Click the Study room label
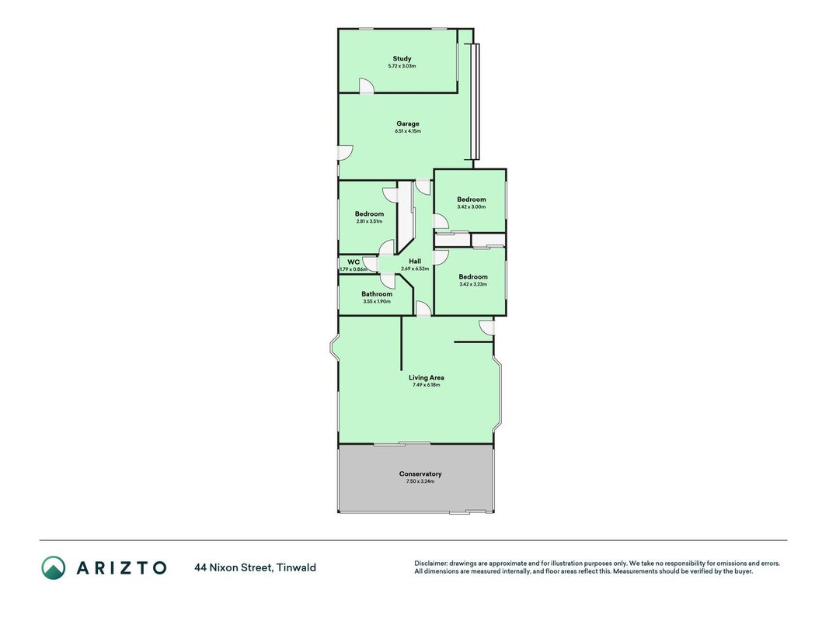pos(402,59)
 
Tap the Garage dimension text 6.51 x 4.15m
pos(408,131)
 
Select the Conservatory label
pos(420,474)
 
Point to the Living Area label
pos(426,377)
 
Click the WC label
pos(354,262)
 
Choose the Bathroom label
pos(377,294)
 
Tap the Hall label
pos(415,261)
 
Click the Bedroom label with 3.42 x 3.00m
pos(472,199)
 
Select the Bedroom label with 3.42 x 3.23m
pos(473,276)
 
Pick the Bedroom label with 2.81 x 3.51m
pos(370,214)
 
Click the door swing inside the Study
pos(366,85)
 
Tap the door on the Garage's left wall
pos(346,153)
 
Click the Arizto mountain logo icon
pos(54,567)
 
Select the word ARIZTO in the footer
pos(122,568)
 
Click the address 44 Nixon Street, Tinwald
pos(256,567)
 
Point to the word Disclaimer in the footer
pos(431,564)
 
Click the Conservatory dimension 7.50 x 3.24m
pos(420,481)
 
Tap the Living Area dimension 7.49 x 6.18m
pos(426,385)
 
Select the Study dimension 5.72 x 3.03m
pos(402,66)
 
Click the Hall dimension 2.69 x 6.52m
pos(415,269)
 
